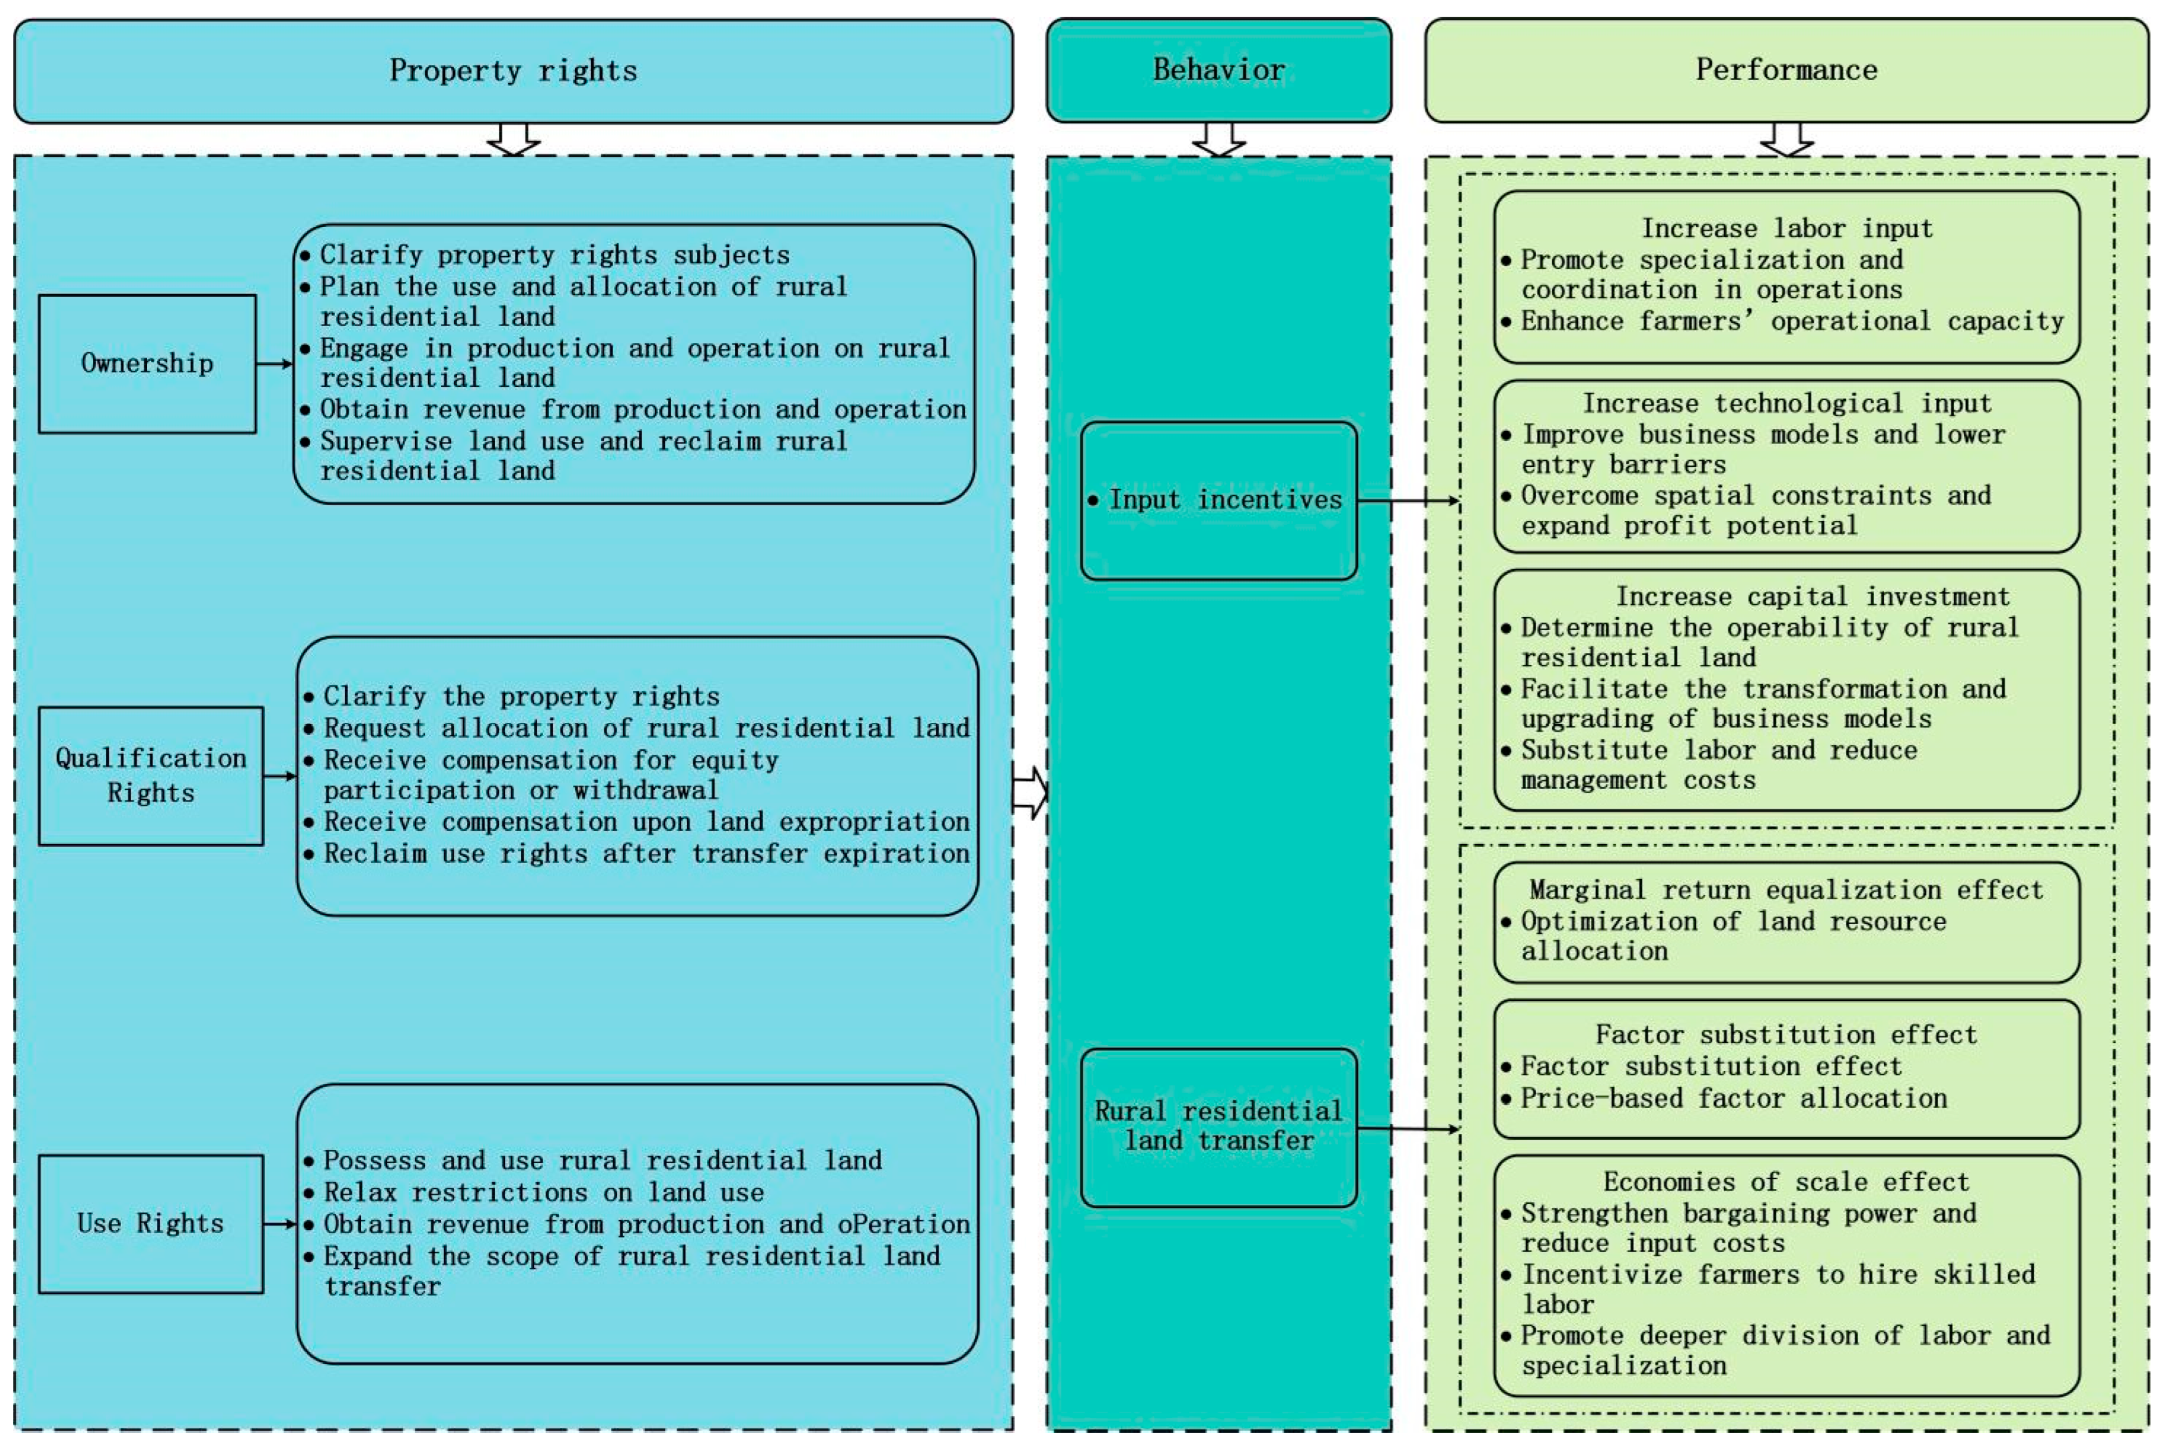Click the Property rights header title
[513, 71]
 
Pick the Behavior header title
[1219, 70]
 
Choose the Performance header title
[1786, 70]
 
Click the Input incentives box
[1219, 500]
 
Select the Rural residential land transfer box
[1219, 1126]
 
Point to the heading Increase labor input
[1786, 228]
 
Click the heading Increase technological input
[1786, 403]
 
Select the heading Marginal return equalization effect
[1786, 890]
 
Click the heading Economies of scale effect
[1786, 1182]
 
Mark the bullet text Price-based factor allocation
[1733, 1099]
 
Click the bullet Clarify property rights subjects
[554, 255]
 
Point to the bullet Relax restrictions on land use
[543, 1193]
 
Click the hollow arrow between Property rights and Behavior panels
[1030, 793]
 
